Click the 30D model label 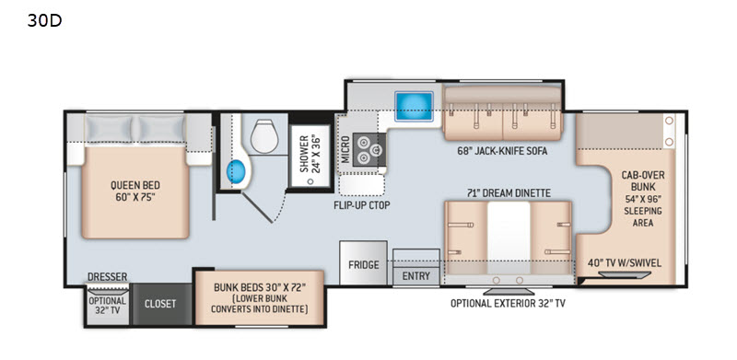(x=44, y=20)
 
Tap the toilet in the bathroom (x=264, y=136)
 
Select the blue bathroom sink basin (x=237, y=171)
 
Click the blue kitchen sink (x=414, y=106)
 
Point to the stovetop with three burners (x=369, y=149)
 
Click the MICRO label (x=345, y=149)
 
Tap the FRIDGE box (x=363, y=262)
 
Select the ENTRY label (x=416, y=276)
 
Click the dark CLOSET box (x=161, y=304)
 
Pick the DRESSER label (x=107, y=277)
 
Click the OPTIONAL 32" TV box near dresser (x=108, y=305)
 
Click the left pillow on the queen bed (x=110, y=128)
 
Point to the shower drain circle (x=310, y=181)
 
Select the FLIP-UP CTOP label (x=362, y=205)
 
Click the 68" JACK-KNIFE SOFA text (x=502, y=151)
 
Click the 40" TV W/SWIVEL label (x=625, y=262)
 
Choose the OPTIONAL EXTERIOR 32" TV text (x=508, y=303)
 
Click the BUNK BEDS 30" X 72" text (x=260, y=287)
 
